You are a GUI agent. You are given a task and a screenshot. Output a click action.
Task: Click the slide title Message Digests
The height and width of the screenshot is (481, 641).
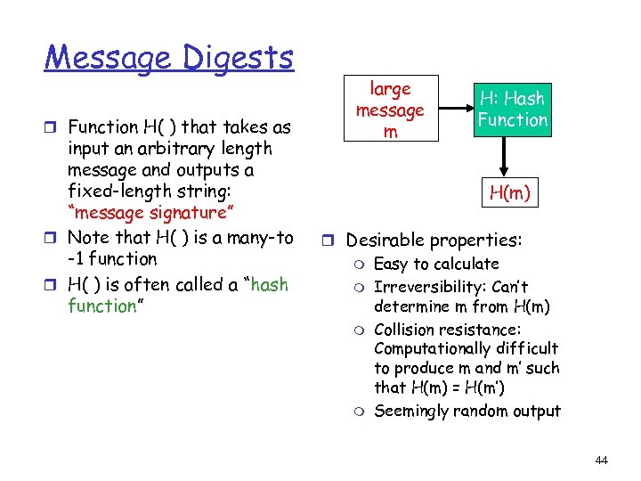(x=169, y=58)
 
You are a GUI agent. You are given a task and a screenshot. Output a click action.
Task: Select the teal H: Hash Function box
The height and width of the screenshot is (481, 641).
(x=512, y=109)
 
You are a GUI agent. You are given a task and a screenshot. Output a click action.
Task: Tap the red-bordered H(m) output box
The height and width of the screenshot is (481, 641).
(x=511, y=191)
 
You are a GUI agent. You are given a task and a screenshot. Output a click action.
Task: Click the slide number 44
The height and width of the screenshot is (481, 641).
(x=601, y=460)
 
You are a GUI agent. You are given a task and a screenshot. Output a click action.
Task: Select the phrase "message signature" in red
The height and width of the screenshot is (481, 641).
(x=150, y=213)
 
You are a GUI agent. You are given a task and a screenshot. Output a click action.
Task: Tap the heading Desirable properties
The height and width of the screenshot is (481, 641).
(x=434, y=240)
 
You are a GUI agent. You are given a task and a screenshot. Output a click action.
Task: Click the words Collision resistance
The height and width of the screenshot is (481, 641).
(x=448, y=329)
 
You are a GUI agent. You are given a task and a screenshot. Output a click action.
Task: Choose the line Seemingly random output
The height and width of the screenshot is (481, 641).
(x=467, y=411)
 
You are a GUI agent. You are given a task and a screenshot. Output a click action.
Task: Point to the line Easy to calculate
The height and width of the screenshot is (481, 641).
(x=436, y=264)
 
